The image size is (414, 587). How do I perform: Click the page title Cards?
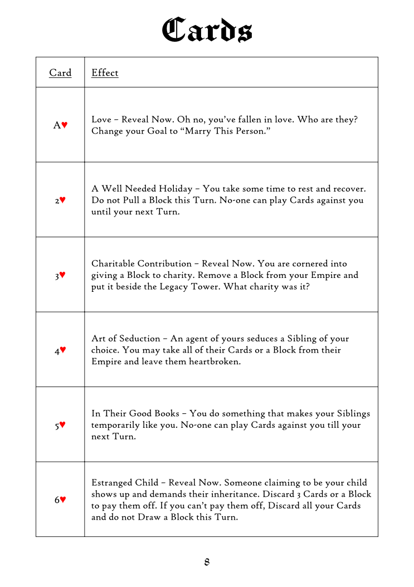(x=207, y=30)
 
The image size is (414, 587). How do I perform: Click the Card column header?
(x=60, y=72)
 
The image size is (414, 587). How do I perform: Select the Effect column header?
(x=105, y=72)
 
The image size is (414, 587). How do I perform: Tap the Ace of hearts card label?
(x=60, y=125)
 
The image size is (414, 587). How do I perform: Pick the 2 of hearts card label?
(x=60, y=200)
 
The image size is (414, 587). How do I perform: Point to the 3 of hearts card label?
(x=60, y=275)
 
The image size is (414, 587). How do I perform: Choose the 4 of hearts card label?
(x=60, y=350)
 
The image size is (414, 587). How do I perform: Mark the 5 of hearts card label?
(x=60, y=425)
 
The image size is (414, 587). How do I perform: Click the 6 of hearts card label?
(x=60, y=500)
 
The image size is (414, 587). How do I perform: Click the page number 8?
(x=207, y=561)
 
